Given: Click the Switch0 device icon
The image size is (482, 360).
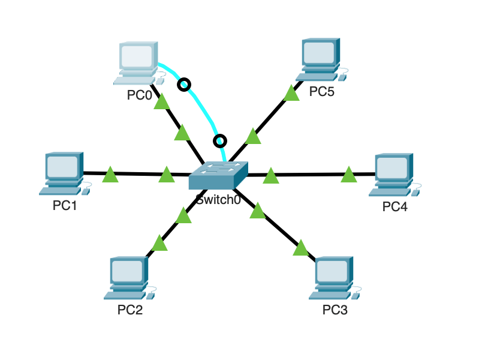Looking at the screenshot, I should tap(218, 176).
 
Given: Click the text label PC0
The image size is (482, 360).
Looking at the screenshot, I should tap(139, 95).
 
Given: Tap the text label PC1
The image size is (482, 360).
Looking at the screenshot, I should tap(65, 205).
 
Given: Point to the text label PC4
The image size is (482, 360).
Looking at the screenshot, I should tap(394, 207).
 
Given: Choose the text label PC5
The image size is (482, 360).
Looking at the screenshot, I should tap(321, 91).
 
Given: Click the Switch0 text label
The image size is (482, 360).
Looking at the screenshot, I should tap(218, 200).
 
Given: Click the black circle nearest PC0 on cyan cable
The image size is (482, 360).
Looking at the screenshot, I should tap(185, 85).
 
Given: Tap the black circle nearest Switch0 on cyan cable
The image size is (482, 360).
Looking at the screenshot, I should tap(220, 141).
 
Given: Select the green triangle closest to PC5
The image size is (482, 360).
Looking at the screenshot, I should tap(291, 93).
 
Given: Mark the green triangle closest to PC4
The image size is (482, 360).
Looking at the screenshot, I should tap(348, 175).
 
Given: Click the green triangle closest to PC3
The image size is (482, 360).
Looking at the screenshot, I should tap(300, 247).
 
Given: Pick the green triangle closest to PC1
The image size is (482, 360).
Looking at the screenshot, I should tap(110, 175).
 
